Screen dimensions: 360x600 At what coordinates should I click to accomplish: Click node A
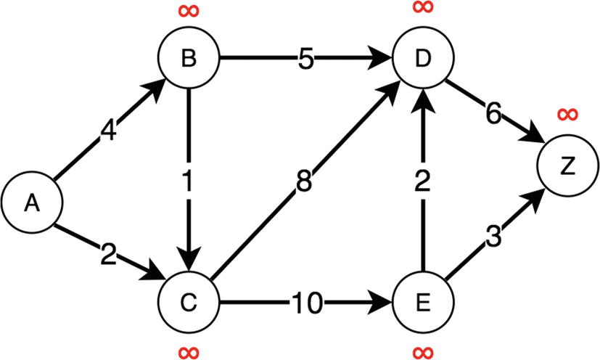tap(30, 204)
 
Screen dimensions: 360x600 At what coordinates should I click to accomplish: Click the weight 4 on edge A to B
tap(108, 134)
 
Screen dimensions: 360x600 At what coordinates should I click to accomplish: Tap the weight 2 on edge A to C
tap(108, 254)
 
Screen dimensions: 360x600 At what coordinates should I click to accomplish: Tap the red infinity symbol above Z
tap(567, 114)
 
